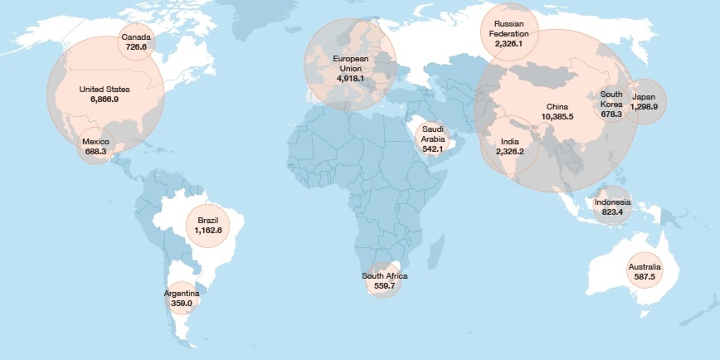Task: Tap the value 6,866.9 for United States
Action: (105, 99)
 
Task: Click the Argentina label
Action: (182, 293)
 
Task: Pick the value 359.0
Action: (182, 303)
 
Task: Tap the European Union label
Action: (350, 64)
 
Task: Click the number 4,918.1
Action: (350, 79)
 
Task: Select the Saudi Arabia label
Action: (433, 134)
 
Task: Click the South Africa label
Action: (385, 276)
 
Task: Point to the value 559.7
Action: (385, 286)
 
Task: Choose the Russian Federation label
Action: (509, 29)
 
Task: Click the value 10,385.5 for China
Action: (557, 116)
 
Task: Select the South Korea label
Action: (611, 99)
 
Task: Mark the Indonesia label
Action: (612, 202)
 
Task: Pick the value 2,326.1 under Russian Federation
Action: (509, 44)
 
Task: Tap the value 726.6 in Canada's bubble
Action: (136, 47)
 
